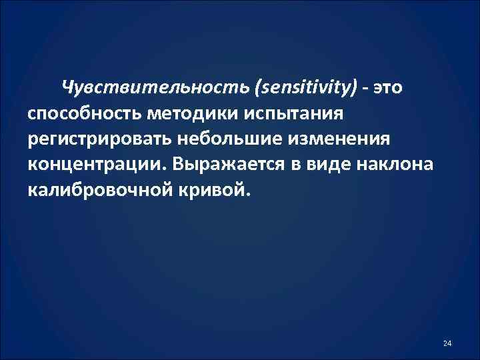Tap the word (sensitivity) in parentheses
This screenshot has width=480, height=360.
[x=310, y=87]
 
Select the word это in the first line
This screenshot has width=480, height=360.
[x=389, y=87]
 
